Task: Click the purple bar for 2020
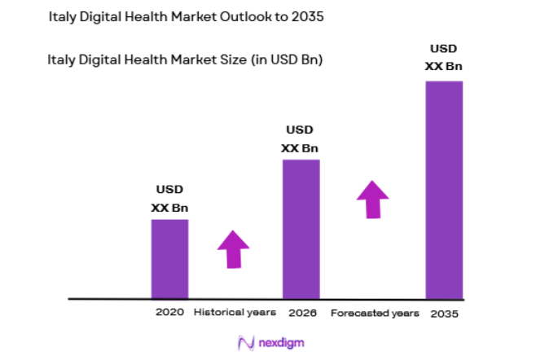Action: pos(169,259)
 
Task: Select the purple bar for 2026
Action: pos(301,229)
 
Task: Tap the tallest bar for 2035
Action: pos(444,190)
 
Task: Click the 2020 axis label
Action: pos(169,312)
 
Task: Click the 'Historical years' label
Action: pos(235,312)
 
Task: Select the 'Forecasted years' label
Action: pos(375,313)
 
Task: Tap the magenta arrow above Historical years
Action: pos(233,249)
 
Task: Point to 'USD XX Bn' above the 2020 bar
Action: pos(169,200)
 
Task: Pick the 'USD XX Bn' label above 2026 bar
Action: pos(300,139)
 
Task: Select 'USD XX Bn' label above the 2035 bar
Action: pos(444,58)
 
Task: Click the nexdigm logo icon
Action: pos(243,342)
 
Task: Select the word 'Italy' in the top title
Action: pos(64,16)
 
